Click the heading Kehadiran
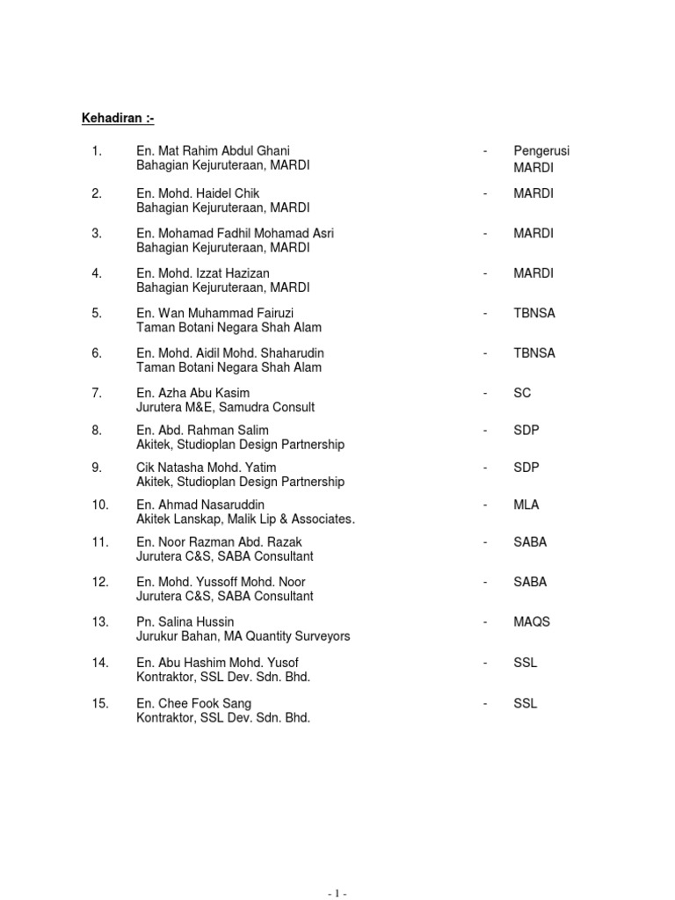(118, 119)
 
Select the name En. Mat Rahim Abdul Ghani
(213, 151)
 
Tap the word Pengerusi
(542, 151)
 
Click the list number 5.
(97, 313)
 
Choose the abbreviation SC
(522, 393)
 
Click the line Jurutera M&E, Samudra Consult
(225, 408)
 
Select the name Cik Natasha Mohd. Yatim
(209, 468)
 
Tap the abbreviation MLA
(526, 504)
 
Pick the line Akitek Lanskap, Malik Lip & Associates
(245, 519)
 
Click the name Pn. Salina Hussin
(185, 622)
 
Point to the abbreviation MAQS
(532, 622)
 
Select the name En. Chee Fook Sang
(193, 703)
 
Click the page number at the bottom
(337, 893)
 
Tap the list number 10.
(99, 504)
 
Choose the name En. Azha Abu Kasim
(193, 393)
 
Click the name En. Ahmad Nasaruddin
(200, 504)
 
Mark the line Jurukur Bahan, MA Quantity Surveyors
(243, 636)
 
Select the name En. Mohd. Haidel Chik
(198, 193)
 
